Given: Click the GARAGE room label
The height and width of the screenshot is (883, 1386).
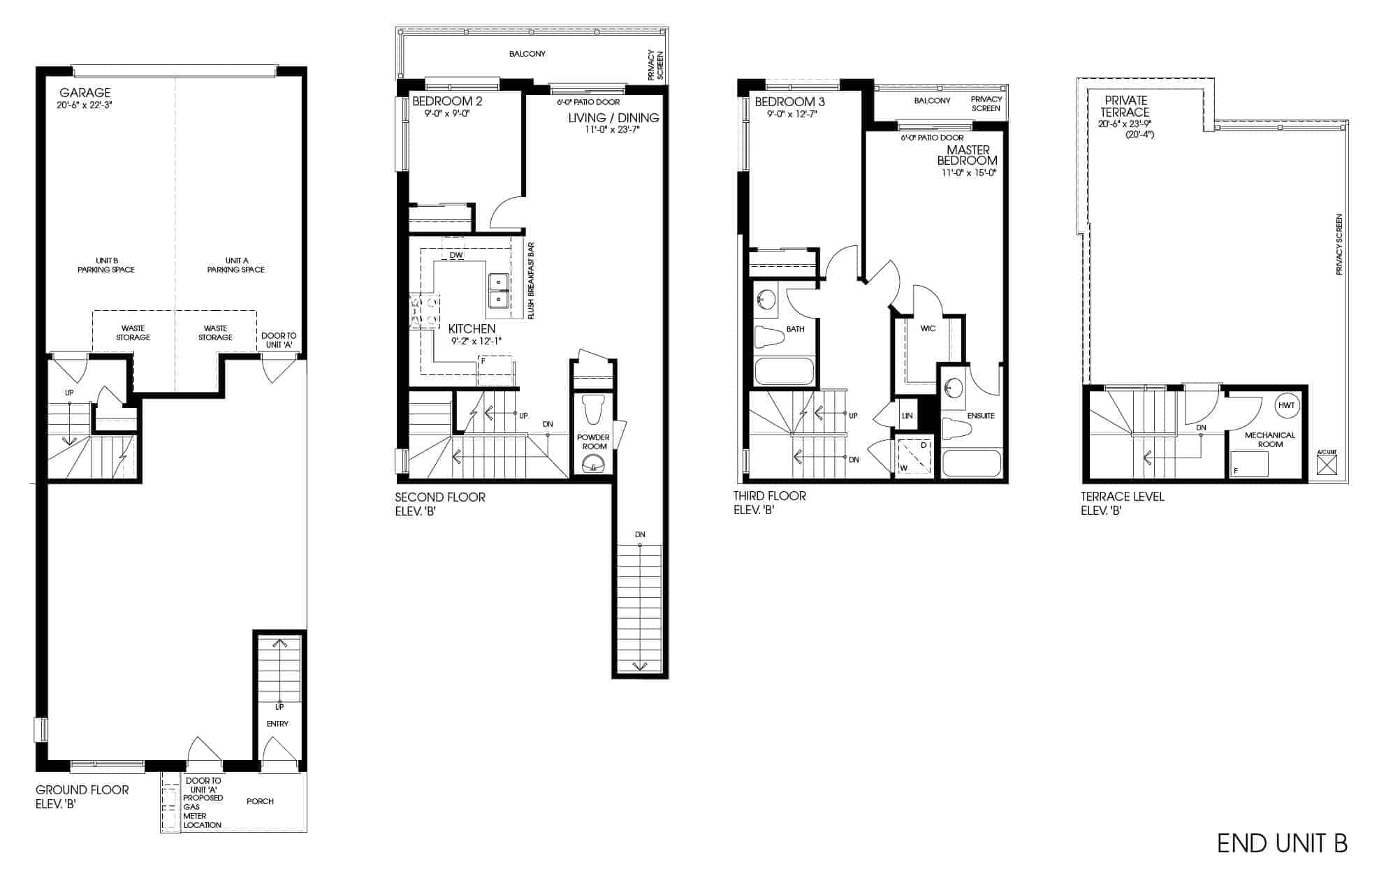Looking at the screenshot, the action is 85,92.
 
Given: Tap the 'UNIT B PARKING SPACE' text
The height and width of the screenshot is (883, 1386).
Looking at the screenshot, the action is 106,265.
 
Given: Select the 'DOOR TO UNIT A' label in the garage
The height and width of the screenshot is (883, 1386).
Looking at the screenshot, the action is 279,340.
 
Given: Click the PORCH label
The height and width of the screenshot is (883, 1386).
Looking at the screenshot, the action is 260,801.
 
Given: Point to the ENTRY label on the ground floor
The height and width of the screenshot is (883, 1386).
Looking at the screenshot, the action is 277,724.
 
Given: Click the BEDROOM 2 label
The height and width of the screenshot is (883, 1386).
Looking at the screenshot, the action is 447,101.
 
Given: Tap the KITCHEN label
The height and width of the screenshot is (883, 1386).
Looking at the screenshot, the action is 472,328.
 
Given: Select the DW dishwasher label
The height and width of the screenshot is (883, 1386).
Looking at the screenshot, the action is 456,256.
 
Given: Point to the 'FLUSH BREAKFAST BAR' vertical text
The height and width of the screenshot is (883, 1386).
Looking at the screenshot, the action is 531,281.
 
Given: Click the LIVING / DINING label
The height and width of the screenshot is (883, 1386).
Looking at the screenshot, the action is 613,117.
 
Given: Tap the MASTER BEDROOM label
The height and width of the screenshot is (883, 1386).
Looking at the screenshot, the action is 968,155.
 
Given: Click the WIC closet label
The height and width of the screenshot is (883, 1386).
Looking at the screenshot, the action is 928,328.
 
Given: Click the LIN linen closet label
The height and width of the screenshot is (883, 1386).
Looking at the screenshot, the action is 907,416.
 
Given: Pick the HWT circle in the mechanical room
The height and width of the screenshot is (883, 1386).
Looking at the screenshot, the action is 1287,405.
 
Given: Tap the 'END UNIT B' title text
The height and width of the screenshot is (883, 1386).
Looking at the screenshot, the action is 1282,843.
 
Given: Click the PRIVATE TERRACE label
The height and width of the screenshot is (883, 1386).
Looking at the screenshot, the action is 1126,106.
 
